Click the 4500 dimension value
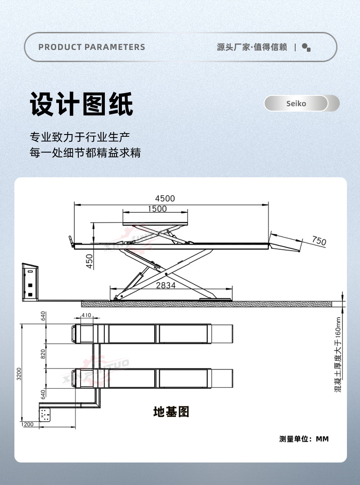click(165, 198)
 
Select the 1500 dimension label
click(157, 209)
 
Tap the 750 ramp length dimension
click(319, 241)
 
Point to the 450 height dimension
click(90, 261)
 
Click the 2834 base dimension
click(166, 285)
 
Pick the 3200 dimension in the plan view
click(19, 373)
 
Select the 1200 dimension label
click(27, 424)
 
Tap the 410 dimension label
click(86, 315)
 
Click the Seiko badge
click(296, 103)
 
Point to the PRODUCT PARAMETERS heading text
click(92, 47)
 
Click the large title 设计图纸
click(81, 104)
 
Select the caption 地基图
click(171, 411)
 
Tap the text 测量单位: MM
click(304, 439)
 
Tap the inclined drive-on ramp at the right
click(286, 243)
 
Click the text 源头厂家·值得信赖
click(252, 47)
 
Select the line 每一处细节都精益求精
click(85, 153)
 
